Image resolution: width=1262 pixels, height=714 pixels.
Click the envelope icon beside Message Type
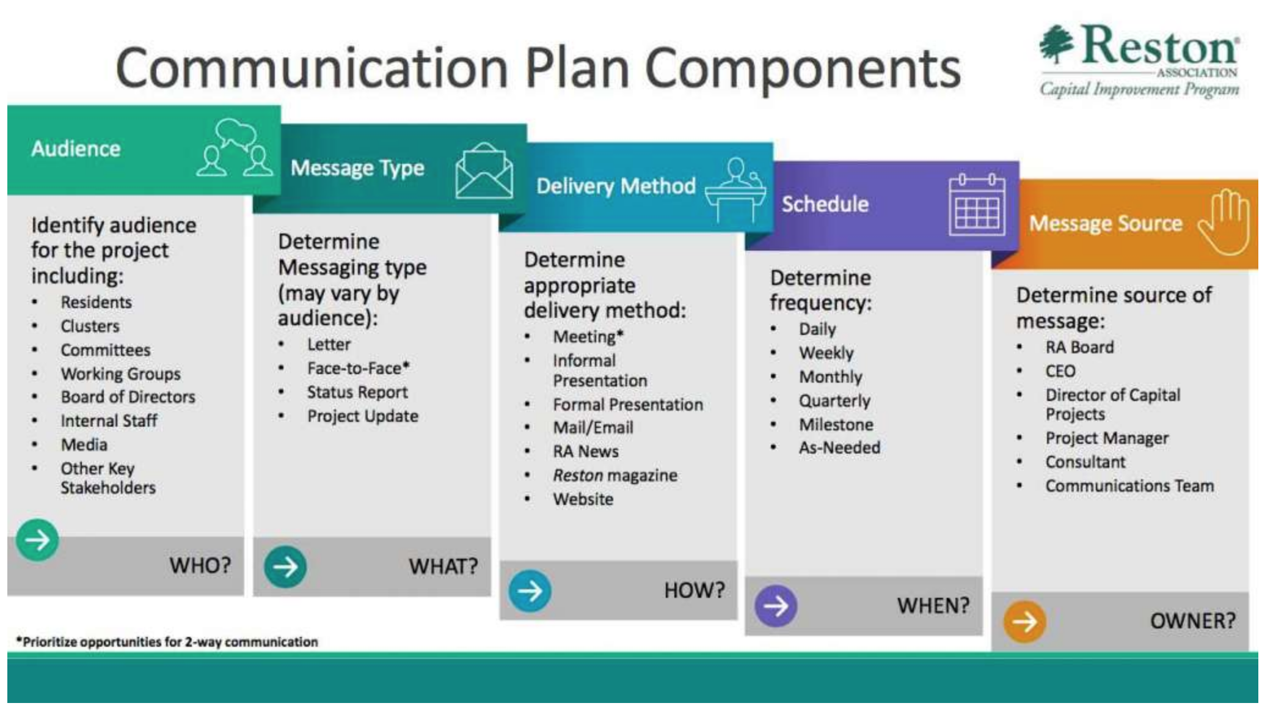tap(484, 171)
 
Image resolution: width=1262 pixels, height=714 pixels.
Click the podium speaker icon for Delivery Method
tap(735, 190)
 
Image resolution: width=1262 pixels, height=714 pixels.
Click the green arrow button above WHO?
tap(37, 540)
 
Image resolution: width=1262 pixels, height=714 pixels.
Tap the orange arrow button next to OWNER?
tap(1024, 622)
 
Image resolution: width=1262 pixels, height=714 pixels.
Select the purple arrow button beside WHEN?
tap(776, 606)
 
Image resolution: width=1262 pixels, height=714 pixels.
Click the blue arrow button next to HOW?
tap(530, 591)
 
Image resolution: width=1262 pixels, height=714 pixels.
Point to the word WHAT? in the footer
tap(443, 567)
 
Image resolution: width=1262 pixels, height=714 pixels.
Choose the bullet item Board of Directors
tap(128, 397)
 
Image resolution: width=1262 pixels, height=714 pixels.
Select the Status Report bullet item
tap(357, 392)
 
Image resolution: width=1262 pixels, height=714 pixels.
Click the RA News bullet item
tap(586, 452)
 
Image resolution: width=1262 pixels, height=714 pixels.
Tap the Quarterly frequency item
tap(834, 401)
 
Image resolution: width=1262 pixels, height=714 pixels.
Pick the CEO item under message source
tap(1060, 372)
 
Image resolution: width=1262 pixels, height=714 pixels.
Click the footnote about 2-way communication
tap(167, 642)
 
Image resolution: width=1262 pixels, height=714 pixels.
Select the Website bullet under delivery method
tap(583, 499)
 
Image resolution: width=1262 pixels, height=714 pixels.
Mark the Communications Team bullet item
tap(1129, 487)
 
